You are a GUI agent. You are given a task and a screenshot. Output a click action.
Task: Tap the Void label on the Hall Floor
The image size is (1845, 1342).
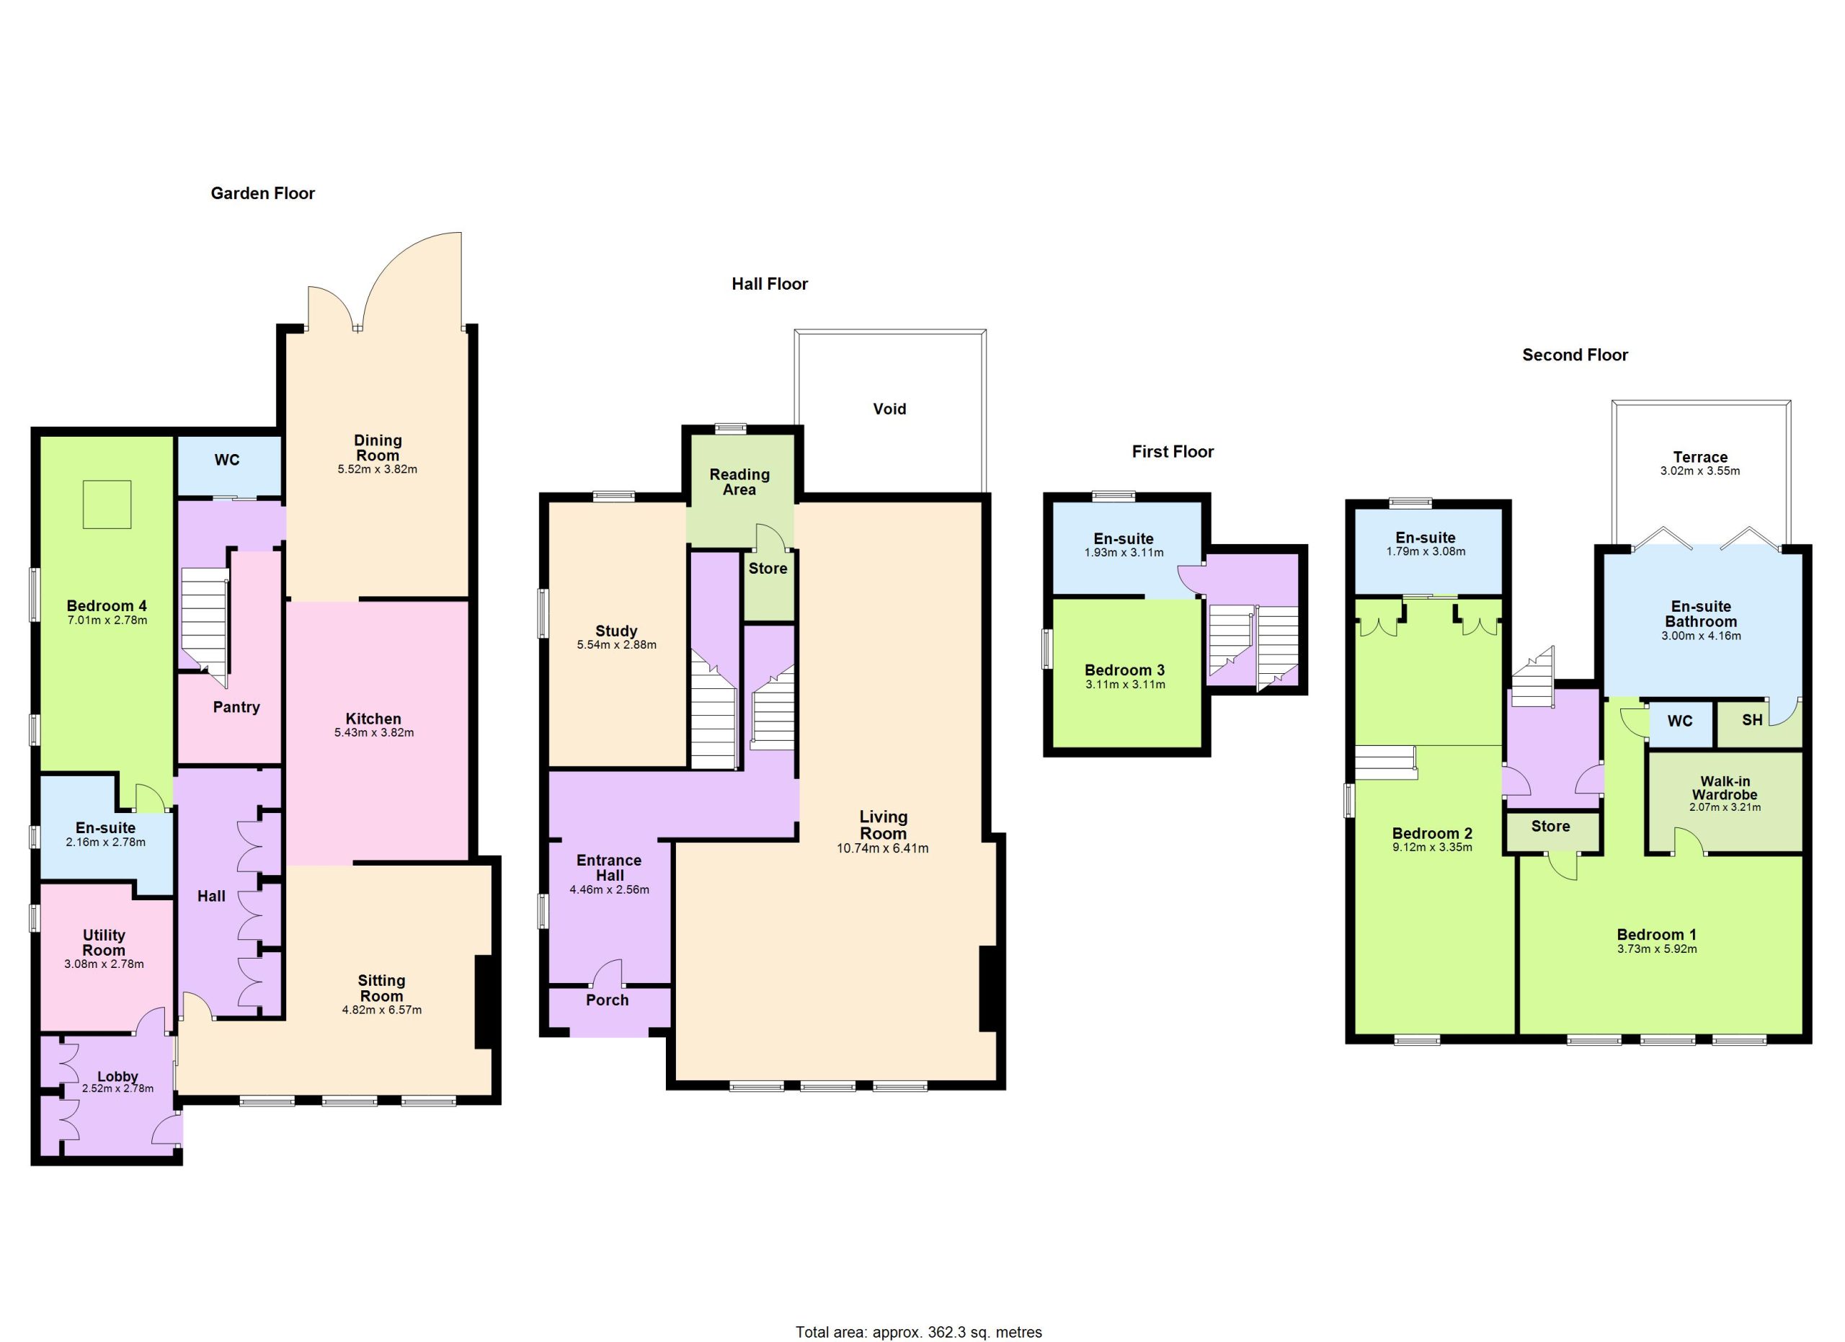coord(889,409)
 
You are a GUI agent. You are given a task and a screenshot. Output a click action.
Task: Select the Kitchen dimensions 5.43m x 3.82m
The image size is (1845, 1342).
coord(374,732)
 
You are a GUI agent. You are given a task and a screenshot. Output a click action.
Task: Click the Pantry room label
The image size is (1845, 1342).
coord(236,708)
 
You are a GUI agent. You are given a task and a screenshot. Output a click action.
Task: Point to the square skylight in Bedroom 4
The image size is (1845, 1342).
coord(107,505)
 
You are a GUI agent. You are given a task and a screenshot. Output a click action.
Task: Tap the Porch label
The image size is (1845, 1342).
coord(608,1000)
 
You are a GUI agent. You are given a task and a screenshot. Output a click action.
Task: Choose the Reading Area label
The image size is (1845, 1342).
coord(739,482)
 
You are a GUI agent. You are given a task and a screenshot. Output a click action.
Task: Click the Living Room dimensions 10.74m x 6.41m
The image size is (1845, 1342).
coord(883,848)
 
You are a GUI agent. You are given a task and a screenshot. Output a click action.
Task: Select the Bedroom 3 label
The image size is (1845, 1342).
coord(1124,670)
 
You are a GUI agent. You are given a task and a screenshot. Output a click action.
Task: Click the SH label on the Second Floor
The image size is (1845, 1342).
coord(1752,720)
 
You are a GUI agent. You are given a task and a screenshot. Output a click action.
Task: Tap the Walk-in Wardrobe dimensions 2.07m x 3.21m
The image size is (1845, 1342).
coord(1725,808)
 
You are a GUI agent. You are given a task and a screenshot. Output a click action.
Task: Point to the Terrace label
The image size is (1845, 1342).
coord(1700,457)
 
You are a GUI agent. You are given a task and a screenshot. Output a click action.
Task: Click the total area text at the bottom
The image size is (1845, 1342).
coord(918,1332)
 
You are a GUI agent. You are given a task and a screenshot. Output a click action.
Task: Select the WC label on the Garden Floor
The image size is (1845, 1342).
coord(227,461)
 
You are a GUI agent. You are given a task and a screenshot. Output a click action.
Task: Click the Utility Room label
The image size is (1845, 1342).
coord(104,943)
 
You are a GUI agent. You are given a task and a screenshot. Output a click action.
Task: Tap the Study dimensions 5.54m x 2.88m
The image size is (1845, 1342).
coord(617,645)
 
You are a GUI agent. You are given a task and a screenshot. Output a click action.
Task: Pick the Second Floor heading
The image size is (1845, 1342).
coord(1575,355)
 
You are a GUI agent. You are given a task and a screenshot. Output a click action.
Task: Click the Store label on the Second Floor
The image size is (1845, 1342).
coord(1550,827)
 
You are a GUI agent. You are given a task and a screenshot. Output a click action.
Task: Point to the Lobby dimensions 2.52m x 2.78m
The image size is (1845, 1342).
coord(118,1088)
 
